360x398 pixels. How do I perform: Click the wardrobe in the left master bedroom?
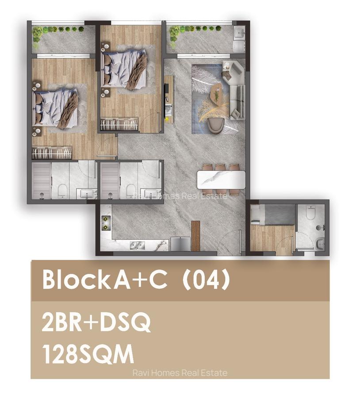(x=52, y=153)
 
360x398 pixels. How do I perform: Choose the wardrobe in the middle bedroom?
(x=119, y=124)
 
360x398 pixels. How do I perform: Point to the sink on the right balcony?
(x=239, y=32)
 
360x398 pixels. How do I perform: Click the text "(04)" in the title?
(x=206, y=280)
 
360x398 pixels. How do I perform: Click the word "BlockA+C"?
(x=105, y=280)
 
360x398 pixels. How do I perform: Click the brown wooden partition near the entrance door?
(x=195, y=235)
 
